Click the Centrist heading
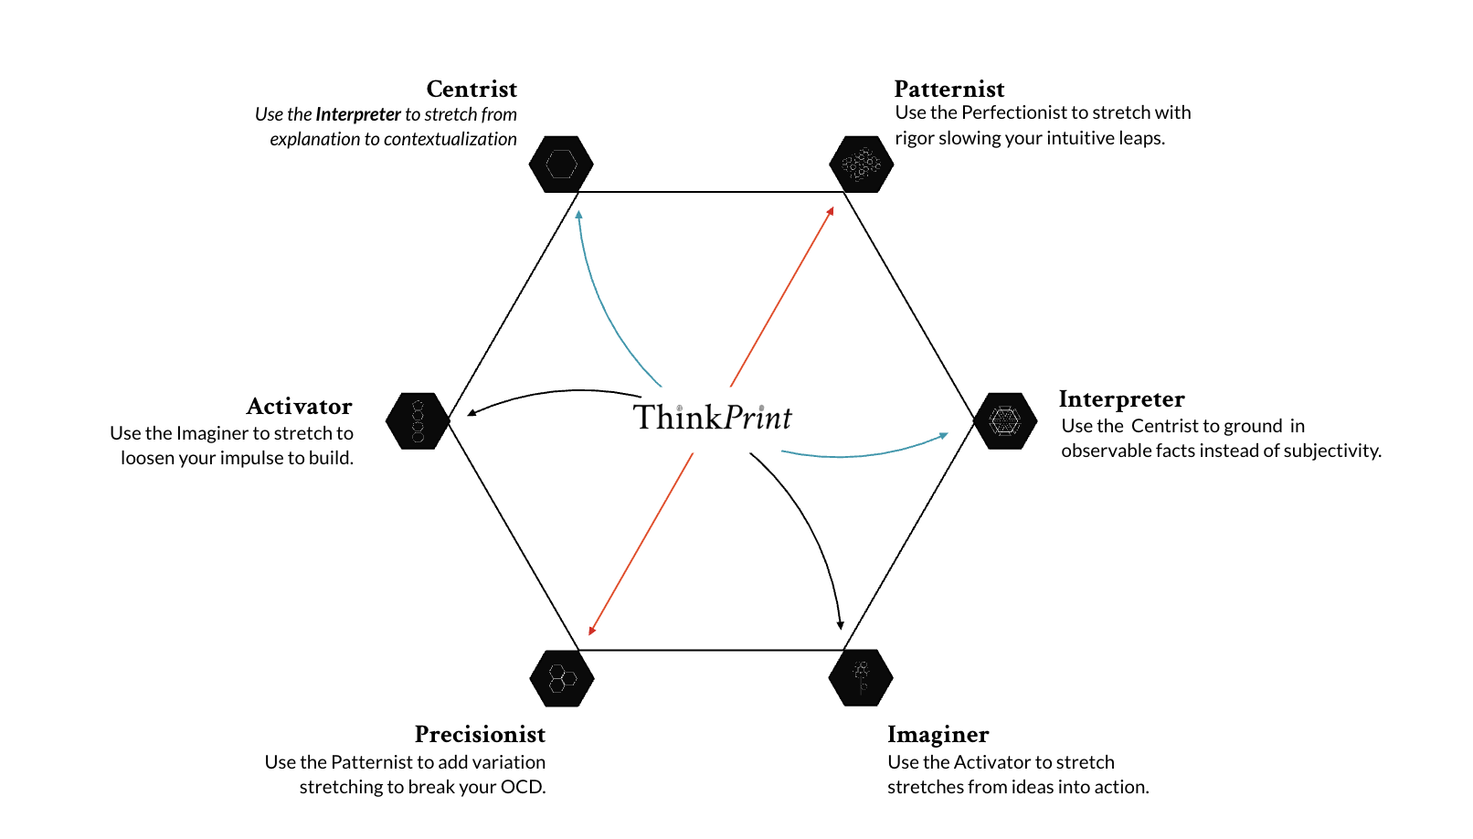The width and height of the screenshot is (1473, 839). (x=472, y=89)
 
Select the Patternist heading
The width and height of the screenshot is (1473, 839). (x=948, y=89)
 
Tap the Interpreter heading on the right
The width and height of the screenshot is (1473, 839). (x=1121, y=398)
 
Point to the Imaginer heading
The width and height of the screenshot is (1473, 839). (x=938, y=734)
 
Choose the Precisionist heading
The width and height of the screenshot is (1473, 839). (x=480, y=734)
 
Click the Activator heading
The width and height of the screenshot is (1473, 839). (x=299, y=406)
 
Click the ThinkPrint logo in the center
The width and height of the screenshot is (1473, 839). (x=712, y=418)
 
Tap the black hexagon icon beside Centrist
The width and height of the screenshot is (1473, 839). (x=561, y=165)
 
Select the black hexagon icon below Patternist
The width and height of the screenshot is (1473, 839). (x=861, y=165)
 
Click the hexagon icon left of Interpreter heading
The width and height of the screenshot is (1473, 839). (x=1005, y=421)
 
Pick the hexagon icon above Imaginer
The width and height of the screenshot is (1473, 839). (x=860, y=678)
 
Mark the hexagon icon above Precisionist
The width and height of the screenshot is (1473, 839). (x=562, y=678)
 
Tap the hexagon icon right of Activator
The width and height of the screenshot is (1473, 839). (x=418, y=421)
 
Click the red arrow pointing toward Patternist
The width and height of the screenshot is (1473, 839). (x=782, y=297)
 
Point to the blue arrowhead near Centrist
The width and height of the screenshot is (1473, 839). (x=578, y=216)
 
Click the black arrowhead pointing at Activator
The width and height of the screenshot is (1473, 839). (x=472, y=412)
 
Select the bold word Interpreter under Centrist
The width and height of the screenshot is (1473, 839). (x=358, y=114)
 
